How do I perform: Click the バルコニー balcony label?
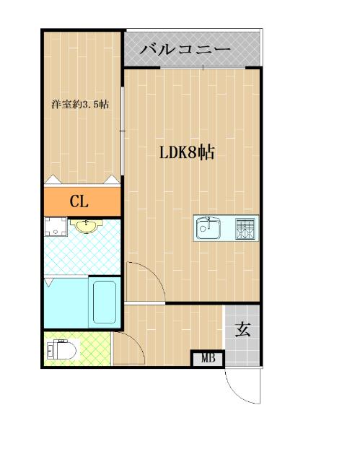[185, 50]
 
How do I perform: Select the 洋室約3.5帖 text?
[80, 104]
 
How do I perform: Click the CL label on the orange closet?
[79, 201]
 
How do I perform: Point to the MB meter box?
[208, 358]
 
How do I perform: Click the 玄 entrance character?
[243, 330]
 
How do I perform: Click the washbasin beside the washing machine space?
[88, 227]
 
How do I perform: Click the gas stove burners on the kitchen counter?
[247, 229]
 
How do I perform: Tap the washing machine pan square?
[54, 227]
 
